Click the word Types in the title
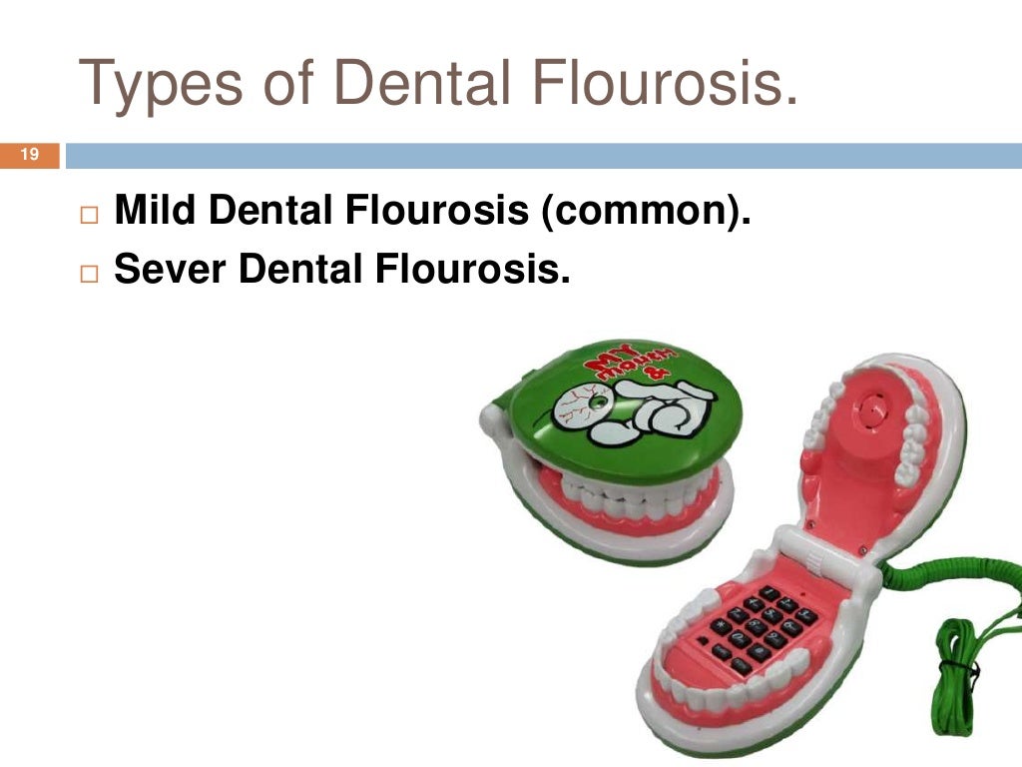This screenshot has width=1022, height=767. coord(160,84)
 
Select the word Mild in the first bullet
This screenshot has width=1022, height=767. coord(155,212)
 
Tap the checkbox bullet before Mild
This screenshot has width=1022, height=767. coord(92,215)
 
